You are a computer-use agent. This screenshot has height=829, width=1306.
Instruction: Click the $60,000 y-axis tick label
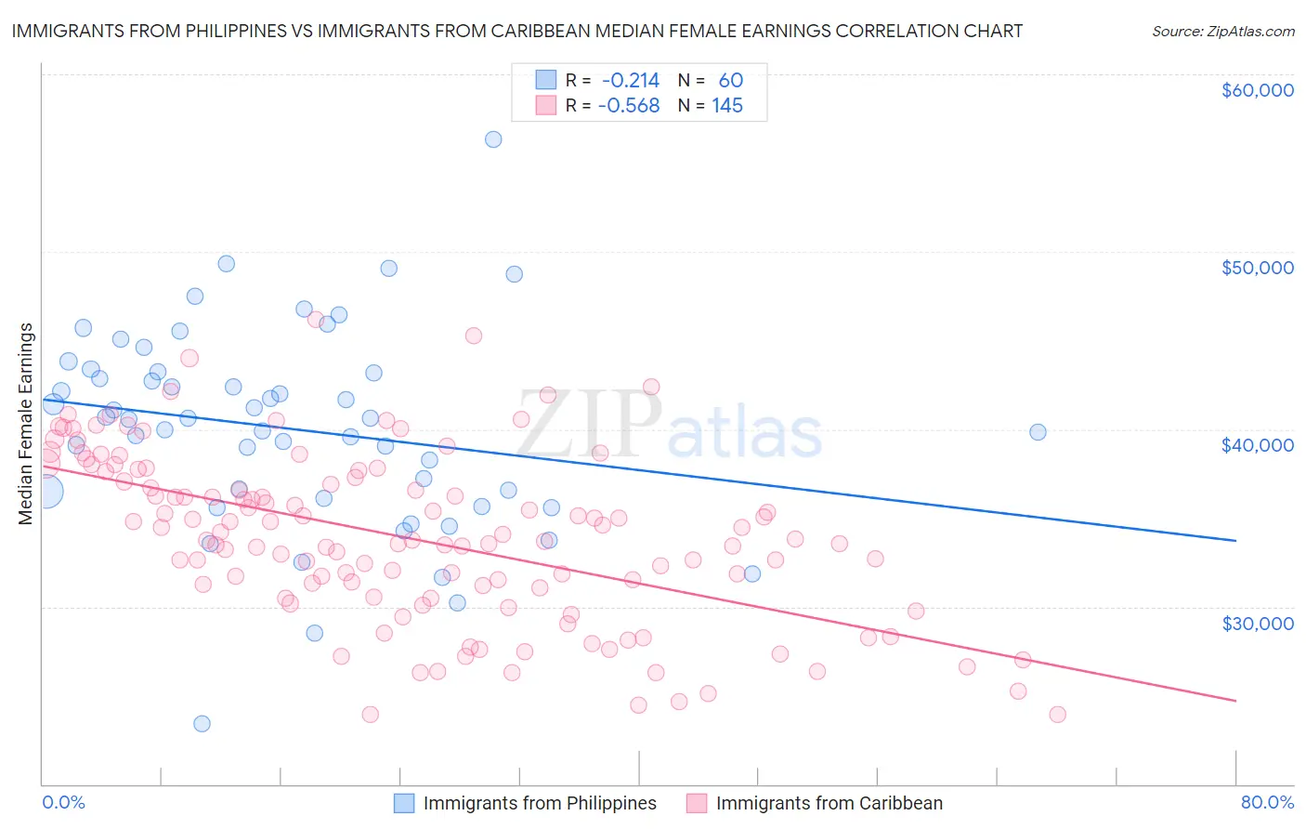click(x=1257, y=90)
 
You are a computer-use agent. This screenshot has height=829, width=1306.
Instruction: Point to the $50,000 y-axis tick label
click(x=1257, y=268)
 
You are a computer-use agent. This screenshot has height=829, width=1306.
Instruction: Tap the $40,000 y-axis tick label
click(x=1257, y=445)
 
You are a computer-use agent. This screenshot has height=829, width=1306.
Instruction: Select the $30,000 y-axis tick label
click(x=1257, y=623)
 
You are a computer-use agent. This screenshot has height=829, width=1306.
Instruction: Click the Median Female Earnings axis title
click(x=26, y=424)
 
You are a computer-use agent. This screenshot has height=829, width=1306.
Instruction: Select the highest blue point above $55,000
click(x=493, y=139)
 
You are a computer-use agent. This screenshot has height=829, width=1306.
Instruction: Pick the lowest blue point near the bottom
click(x=202, y=724)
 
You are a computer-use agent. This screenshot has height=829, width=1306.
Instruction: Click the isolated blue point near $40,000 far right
click(x=1038, y=432)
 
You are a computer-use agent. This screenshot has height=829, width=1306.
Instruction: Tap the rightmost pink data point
click(x=1057, y=715)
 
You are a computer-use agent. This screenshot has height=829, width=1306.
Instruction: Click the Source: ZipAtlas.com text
click(x=1222, y=32)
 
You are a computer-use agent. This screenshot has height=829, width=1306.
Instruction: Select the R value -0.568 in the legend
click(x=629, y=106)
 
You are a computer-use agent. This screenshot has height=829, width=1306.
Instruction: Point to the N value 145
click(x=727, y=106)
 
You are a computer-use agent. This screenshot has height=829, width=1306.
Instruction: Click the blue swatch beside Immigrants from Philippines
click(x=404, y=803)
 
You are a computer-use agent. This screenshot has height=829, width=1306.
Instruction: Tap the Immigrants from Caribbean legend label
click(x=829, y=803)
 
